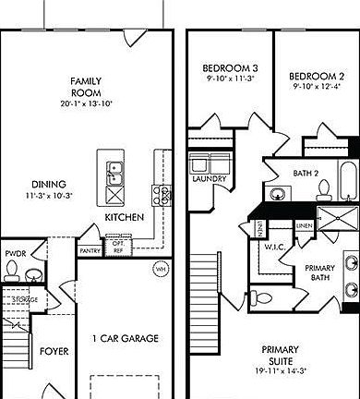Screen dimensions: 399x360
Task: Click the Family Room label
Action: pyautogui.click(x=86, y=87)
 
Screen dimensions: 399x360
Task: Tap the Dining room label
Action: pyautogui.click(x=48, y=184)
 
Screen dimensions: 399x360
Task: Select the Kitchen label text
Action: pyautogui.click(x=123, y=217)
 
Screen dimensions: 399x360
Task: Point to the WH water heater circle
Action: pyautogui.click(x=160, y=269)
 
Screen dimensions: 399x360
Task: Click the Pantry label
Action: pyautogui.click(x=90, y=250)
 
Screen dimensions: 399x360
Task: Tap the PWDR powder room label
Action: pyautogui.click(x=16, y=252)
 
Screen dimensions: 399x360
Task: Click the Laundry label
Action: pyautogui.click(x=209, y=179)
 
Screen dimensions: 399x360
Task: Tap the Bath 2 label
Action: pyautogui.click(x=306, y=173)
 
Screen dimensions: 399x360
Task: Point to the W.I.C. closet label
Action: pyautogui.click(x=273, y=247)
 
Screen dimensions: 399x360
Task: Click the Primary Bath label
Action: pyautogui.click(x=319, y=272)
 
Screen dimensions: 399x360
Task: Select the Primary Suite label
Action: pyautogui.click(x=279, y=355)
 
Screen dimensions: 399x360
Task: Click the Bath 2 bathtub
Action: pyautogui.click(x=347, y=182)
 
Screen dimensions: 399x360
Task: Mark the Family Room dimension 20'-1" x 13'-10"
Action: pyautogui.click(x=86, y=103)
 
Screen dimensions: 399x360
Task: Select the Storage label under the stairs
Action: pyautogui.click(x=25, y=299)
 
